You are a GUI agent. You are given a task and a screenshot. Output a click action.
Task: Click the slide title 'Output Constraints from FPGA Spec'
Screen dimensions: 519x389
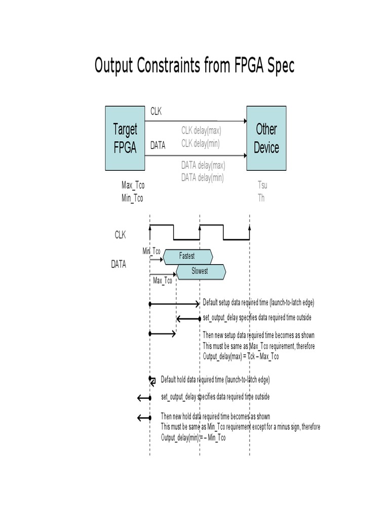[x=194, y=66]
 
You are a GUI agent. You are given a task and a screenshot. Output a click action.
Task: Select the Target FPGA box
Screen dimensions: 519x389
[x=125, y=138]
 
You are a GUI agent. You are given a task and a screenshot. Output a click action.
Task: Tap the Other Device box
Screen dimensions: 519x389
[x=266, y=138]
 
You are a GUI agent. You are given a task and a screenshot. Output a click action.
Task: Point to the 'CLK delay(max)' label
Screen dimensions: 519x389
[x=201, y=130]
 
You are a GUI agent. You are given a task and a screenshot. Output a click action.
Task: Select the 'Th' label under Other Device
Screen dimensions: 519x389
[x=261, y=198]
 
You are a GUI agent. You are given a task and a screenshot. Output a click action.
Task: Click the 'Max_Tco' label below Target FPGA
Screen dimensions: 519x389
[x=133, y=186]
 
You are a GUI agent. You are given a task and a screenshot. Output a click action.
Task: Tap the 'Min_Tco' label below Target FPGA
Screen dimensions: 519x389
[x=132, y=198]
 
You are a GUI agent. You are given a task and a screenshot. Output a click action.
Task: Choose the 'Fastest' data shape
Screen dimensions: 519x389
[x=187, y=256]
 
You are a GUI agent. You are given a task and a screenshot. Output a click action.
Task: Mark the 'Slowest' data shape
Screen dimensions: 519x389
[x=200, y=272]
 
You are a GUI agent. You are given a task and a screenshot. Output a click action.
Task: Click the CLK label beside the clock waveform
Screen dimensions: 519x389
[x=120, y=235]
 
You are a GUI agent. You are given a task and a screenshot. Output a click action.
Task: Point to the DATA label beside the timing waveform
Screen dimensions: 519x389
[x=119, y=264]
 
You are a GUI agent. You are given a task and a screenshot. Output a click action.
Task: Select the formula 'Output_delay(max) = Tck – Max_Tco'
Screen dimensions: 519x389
[x=241, y=356]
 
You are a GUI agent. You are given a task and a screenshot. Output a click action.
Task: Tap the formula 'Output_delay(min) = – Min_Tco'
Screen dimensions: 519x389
[x=193, y=437]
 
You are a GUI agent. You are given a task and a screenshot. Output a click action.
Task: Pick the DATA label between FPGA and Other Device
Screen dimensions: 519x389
[x=158, y=145]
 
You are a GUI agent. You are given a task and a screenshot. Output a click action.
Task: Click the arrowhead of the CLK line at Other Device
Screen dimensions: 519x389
[x=244, y=121]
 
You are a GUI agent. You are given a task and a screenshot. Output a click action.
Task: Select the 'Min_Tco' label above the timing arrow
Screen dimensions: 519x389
[x=151, y=251]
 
